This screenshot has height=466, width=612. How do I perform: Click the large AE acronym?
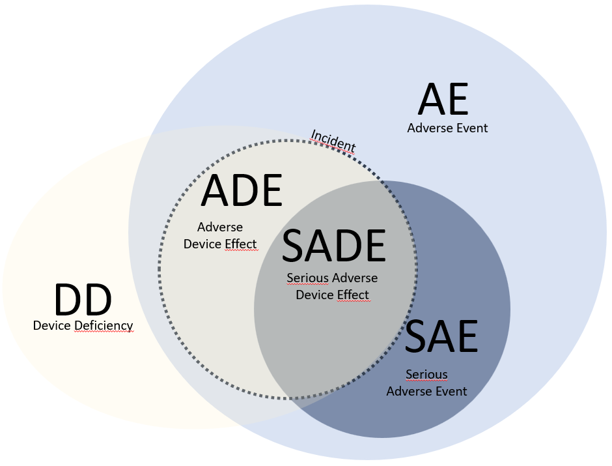click(x=443, y=99)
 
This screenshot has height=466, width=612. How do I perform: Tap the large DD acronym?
click(x=83, y=300)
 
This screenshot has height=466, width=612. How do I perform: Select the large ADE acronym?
click(x=242, y=191)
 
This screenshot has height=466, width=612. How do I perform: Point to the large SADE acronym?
click(x=334, y=247)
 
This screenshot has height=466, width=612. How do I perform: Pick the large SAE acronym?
click(x=441, y=337)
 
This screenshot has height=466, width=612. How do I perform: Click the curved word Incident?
click(x=333, y=141)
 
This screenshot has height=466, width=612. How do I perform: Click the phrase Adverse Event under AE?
click(x=447, y=128)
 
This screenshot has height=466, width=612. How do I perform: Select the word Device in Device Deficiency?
click(x=52, y=325)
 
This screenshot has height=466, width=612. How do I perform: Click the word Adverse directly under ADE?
click(x=220, y=227)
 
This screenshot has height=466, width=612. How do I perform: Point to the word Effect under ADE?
click(x=241, y=244)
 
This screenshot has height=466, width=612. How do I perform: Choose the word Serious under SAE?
click(x=426, y=375)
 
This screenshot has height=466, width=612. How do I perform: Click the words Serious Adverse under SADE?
click(x=332, y=278)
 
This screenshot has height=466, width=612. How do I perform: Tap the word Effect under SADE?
click(x=353, y=295)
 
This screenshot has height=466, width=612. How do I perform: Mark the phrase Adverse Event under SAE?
click(x=426, y=391)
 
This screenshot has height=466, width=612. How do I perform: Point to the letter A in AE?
click(x=431, y=99)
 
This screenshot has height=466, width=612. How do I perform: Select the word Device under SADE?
click(x=314, y=295)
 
